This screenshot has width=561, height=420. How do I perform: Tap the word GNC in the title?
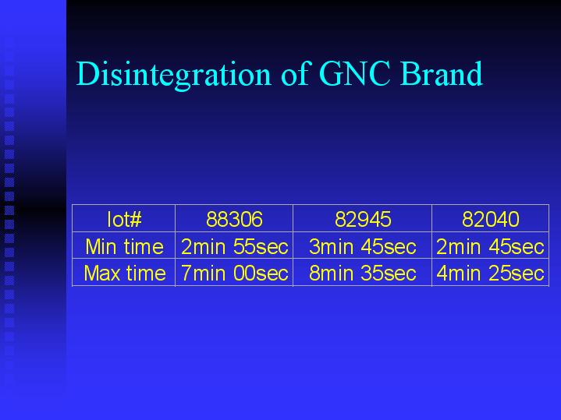(x=354, y=73)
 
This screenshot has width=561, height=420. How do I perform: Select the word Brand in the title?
(x=442, y=73)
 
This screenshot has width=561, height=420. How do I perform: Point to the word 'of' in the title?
(x=295, y=73)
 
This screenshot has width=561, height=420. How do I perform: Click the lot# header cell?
(x=124, y=219)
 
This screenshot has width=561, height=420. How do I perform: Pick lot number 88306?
(x=234, y=219)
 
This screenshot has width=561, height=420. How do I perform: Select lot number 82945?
(x=363, y=219)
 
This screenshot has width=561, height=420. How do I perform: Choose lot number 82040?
(x=491, y=219)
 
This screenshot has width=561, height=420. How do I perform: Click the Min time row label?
(x=124, y=247)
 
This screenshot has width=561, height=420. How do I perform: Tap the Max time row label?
(x=125, y=274)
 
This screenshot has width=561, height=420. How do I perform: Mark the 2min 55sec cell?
(x=234, y=247)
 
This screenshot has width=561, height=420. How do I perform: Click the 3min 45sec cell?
(x=363, y=247)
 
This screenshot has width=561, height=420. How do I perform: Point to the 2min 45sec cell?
(x=490, y=247)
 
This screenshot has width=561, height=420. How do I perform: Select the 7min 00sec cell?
(x=234, y=274)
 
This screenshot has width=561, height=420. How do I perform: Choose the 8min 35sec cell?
(x=363, y=274)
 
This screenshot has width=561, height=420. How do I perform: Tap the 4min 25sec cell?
(x=490, y=274)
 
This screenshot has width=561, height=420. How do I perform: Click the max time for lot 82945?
(x=363, y=274)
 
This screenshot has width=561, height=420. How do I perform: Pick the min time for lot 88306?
(x=234, y=247)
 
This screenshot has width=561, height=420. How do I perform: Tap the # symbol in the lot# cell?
(x=135, y=220)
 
